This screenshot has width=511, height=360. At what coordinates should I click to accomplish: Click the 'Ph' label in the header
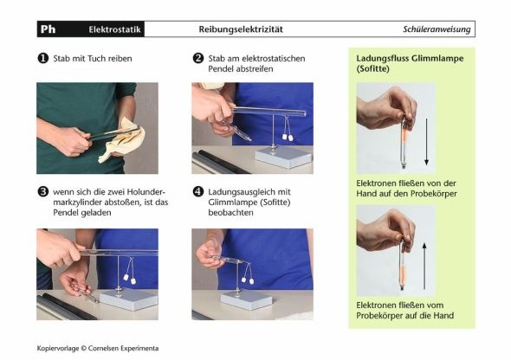[48, 29]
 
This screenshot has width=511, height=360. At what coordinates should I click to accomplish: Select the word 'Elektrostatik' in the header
[114, 29]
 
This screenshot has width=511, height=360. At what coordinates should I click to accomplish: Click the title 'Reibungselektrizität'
[241, 29]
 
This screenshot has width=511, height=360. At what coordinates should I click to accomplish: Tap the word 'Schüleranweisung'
[437, 29]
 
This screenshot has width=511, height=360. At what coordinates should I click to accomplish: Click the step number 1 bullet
[43, 58]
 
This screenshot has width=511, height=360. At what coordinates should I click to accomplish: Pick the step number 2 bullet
[198, 58]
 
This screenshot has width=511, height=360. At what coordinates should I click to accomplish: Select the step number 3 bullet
[43, 192]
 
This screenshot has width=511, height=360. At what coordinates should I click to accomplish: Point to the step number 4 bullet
[198, 192]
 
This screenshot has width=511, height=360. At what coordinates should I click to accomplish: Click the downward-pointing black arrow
[426, 142]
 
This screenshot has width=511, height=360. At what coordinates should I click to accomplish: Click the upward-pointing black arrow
[424, 266]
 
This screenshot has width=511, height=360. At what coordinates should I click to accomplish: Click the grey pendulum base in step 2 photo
[283, 157]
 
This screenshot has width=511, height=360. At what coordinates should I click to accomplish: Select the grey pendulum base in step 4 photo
[247, 299]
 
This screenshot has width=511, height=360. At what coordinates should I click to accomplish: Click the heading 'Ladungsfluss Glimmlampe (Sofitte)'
[410, 63]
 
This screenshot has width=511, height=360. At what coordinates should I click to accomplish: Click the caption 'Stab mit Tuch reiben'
[93, 59]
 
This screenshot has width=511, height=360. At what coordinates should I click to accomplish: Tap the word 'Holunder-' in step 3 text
[146, 192]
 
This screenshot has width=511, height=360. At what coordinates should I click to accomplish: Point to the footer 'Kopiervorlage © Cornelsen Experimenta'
[98, 348]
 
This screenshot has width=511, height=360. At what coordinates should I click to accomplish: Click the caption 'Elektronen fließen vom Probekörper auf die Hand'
[404, 310]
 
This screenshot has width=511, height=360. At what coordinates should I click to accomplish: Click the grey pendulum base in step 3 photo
[129, 299]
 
